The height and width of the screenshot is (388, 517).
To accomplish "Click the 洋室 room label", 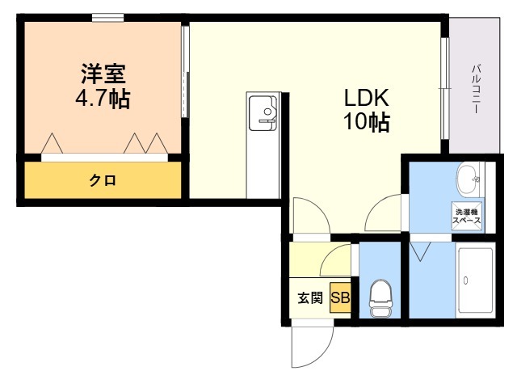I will pos(103,74).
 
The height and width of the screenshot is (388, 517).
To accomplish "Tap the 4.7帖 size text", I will pos(103,99).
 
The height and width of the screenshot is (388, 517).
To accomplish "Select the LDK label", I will pos(368,98).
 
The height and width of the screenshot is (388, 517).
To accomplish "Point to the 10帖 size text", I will pos(368,123).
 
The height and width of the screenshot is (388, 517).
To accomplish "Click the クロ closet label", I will pos(102,180).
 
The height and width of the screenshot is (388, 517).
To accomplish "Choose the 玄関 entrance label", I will pos(309,297).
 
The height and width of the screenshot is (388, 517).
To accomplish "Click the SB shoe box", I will pos(339,297).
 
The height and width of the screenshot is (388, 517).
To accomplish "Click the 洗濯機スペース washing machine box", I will pos(467,217).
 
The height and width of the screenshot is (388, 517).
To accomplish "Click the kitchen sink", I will pos(263,112).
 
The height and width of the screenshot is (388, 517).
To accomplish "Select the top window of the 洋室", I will pos(107,17).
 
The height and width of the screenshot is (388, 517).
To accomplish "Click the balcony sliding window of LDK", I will pos(445,89).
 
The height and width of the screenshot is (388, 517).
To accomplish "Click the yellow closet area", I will pos(102,180).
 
